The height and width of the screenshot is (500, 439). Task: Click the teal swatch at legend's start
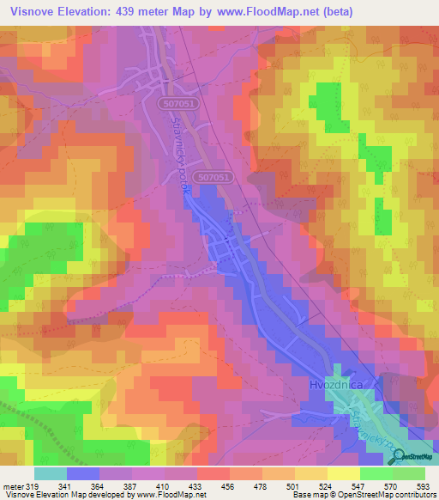[x=51, y=473]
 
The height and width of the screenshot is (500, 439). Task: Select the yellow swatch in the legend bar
[x=343, y=473]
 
